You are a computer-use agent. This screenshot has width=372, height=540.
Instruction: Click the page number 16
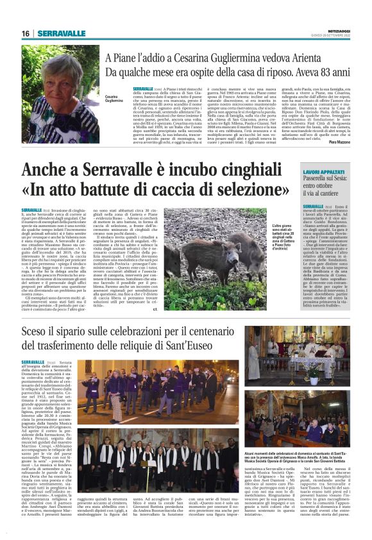click(25, 33)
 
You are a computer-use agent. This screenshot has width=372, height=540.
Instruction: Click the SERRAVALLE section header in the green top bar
click(61, 33)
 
